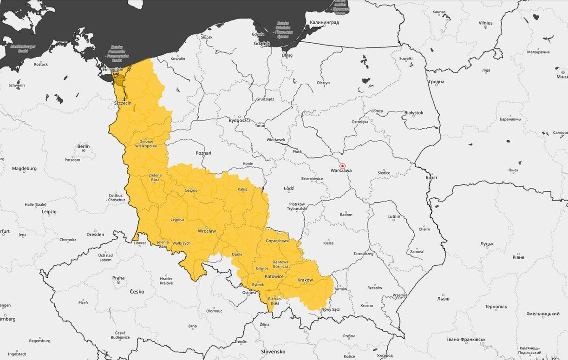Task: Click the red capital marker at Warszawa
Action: click(x=343, y=166)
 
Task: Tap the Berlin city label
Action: click(x=84, y=146)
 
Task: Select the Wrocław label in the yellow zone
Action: click(x=207, y=230)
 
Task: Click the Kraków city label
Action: click(x=305, y=280)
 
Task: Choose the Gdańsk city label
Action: click(x=262, y=44)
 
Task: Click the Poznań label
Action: click(x=203, y=153)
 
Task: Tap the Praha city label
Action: click(x=118, y=278)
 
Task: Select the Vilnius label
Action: click(x=485, y=23)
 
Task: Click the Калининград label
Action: click(x=324, y=22)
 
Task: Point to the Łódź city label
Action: click(x=288, y=188)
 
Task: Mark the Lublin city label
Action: click(x=394, y=216)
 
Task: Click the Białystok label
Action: click(x=413, y=112)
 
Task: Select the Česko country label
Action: click(x=137, y=292)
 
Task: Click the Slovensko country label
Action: click(x=273, y=352)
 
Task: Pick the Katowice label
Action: click(x=274, y=276)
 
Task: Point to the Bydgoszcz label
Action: click(x=240, y=120)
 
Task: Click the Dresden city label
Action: click(x=95, y=234)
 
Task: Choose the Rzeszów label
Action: click(x=374, y=288)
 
